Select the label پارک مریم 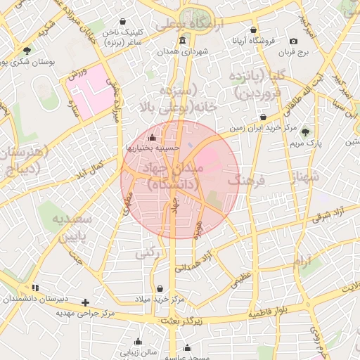point(304,142)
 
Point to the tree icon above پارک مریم point(304,131)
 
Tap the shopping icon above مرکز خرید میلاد point(161,288)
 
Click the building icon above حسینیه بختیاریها point(153,136)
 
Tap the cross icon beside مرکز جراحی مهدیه point(86,302)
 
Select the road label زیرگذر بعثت point(180,321)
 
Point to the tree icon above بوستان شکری point(27,51)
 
